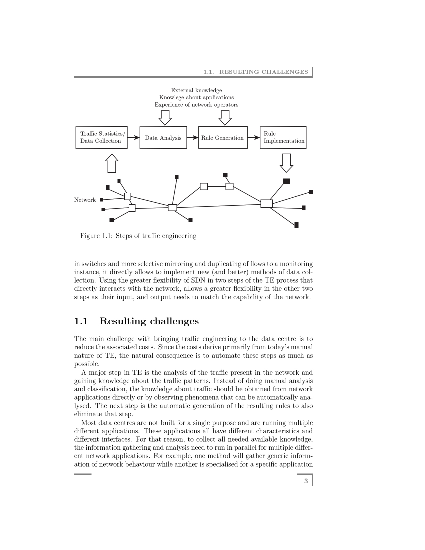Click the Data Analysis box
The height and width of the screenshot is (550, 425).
click(x=163, y=137)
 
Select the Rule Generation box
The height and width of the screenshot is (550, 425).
click(x=223, y=137)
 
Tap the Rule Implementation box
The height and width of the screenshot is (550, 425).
click(x=283, y=137)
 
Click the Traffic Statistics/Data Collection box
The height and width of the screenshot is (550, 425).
click(x=101, y=137)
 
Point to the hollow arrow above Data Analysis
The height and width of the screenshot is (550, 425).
click(x=165, y=118)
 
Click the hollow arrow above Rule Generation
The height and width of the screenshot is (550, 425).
click(x=225, y=118)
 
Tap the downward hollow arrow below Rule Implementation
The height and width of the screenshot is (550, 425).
click(x=286, y=163)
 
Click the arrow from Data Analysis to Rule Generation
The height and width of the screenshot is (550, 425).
click(x=192, y=137)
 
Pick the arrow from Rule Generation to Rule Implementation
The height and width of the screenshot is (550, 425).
click(x=253, y=137)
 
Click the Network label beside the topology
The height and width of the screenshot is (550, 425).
click(x=85, y=200)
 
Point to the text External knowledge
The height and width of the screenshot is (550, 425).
click(x=196, y=90)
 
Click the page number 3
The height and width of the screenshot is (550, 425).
click(x=306, y=481)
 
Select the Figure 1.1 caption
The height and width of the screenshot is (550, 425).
click(x=138, y=236)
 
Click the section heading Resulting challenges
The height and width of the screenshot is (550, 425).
click(x=149, y=321)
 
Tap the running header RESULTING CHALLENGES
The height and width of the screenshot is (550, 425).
click(x=263, y=72)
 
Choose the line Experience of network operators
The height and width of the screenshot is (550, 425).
click(x=196, y=105)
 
